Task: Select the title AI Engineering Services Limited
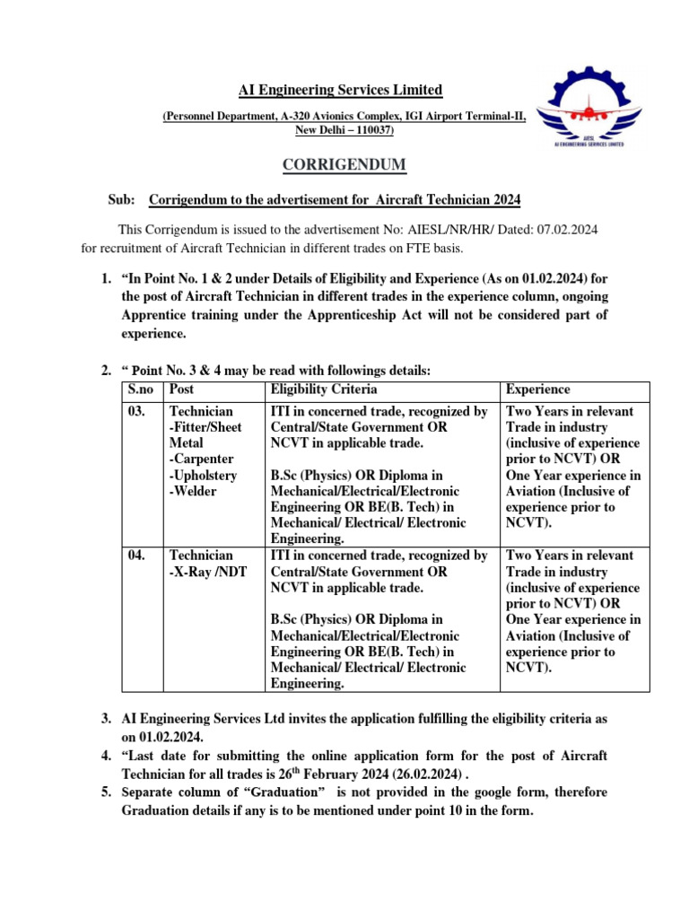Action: click(x=340, y=90)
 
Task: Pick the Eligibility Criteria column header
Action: click(x=324, y=389)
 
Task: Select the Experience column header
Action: click(x=538, y=389)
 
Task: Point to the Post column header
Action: click(x=182, y=389)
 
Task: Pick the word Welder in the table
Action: click(x=194, y=492)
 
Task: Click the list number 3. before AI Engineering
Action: click(x=107, y=720)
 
